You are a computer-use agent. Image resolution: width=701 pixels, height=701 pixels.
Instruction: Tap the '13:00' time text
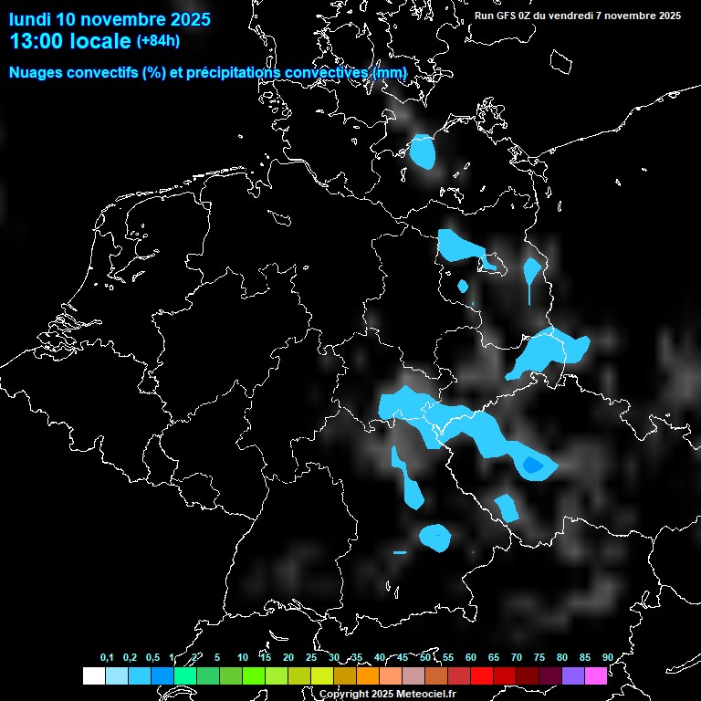pyautogui.click(x=36, y=40)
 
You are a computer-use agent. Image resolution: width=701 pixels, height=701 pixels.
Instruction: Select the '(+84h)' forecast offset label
pyautogui.click(x=157, y=40)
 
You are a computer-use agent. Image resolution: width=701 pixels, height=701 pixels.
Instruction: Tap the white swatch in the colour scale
pyautogui.click(x=93, y=676)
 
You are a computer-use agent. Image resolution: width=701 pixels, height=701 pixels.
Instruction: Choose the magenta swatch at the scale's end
pyautogui.click(x=596, y=676)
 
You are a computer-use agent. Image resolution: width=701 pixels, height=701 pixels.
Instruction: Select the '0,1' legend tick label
pyautogui.click(x=107, y=658)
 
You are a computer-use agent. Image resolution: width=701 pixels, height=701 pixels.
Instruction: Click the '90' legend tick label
pyautogui.click(x=607, y=658)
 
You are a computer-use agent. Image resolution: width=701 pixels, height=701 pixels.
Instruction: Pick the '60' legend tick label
pyautogui.click(x=470, y=658)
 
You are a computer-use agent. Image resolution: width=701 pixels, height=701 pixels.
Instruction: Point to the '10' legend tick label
pyautogui.click(x=242, y=658)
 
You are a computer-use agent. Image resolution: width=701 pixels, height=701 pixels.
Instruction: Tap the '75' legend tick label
pyautogui.click(x=539, y=658)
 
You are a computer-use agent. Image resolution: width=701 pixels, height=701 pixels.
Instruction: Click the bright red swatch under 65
pyautogui.click(x=482, y=676)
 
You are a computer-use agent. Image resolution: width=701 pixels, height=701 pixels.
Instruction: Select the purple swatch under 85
pyautogui.click(x=573, y=676)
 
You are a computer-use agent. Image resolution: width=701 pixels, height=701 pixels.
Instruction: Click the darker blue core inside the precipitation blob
pyautogui.click(x=532, y=466)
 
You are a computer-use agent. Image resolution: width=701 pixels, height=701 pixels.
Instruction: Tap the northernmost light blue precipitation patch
pyautogui.click(x=422, y=152)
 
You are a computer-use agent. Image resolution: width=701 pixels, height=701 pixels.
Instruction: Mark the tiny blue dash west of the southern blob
pyautogui.click(x=400, y=552)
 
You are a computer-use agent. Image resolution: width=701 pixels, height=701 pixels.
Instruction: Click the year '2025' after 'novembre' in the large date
pyautogui.click(x=184, y=19)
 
